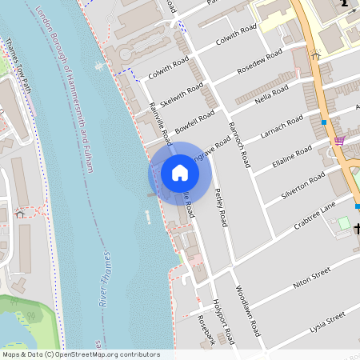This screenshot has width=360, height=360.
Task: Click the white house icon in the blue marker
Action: [180, 173]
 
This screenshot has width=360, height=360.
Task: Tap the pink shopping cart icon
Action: [339, 141]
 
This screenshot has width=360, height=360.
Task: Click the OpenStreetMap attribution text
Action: [80, 354]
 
